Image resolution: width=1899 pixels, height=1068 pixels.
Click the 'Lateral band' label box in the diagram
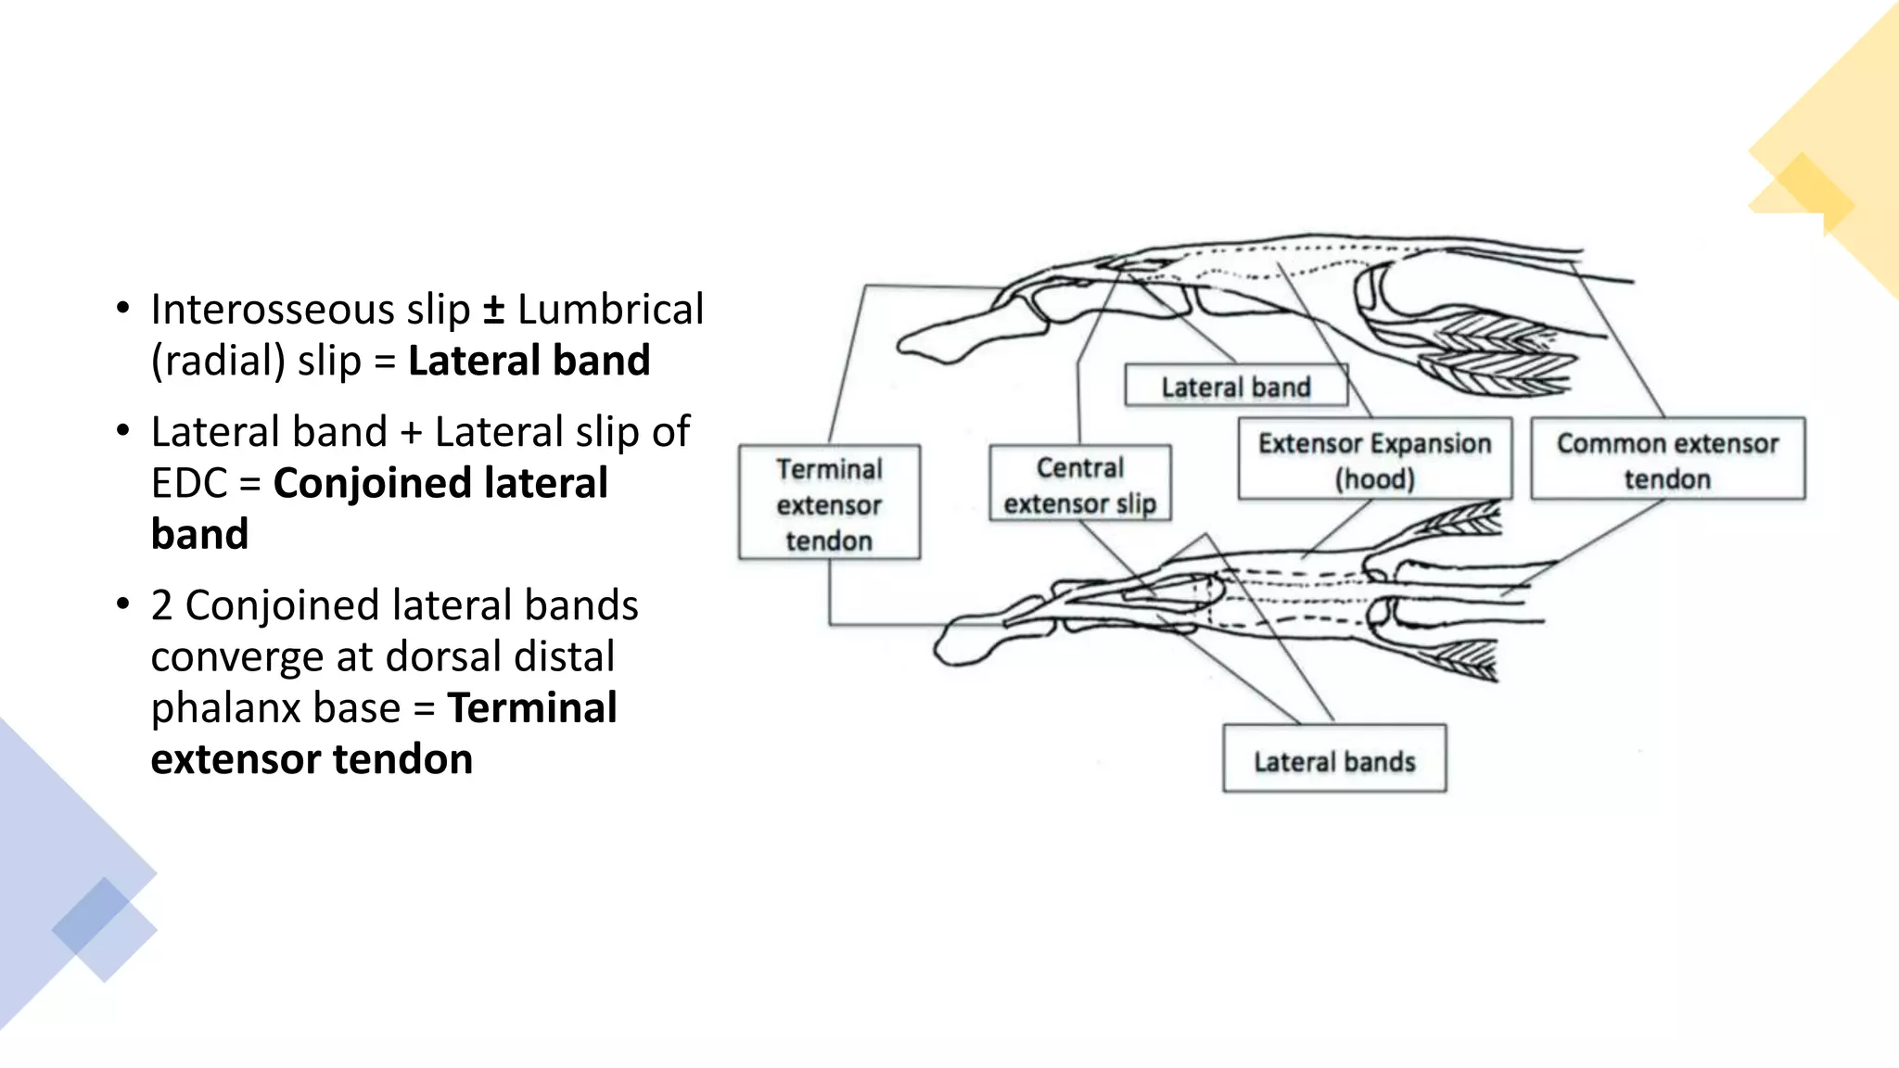pyautogui.click(x=1235, y=386)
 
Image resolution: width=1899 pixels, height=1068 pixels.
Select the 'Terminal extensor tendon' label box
pyautogui.click(x=829, y=503)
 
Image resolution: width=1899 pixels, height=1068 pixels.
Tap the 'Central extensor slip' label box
pyautogui.click(x=1079, y=484)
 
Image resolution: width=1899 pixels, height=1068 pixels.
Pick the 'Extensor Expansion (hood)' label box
pyautogui.click(x=1374, y=460)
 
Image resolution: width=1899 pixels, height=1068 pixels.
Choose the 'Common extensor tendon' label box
pyautogui.click(x=1667, y=460)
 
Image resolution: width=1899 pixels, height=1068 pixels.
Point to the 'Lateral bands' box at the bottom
pyautogui.click(x=1334, y=760)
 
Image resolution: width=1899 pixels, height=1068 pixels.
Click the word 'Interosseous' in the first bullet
pyautogui.click(x=265, y=310)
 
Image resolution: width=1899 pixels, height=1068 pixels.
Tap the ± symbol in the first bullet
pyautogui.click(x=493, y=310)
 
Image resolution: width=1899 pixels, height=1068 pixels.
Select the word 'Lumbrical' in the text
pyautogui.click(x=610, y=310)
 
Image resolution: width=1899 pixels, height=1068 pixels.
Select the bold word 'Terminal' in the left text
pyautogui.click(x=532, y=708)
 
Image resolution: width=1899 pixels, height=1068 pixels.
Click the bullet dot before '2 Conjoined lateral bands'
pyautogui.click(x=123, y=604)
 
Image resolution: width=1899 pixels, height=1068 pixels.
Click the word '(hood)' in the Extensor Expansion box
pyautogui.click(x=1374, y=479)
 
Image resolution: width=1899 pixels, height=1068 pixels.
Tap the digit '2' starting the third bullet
pyautogui.click(x=161, y=605)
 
